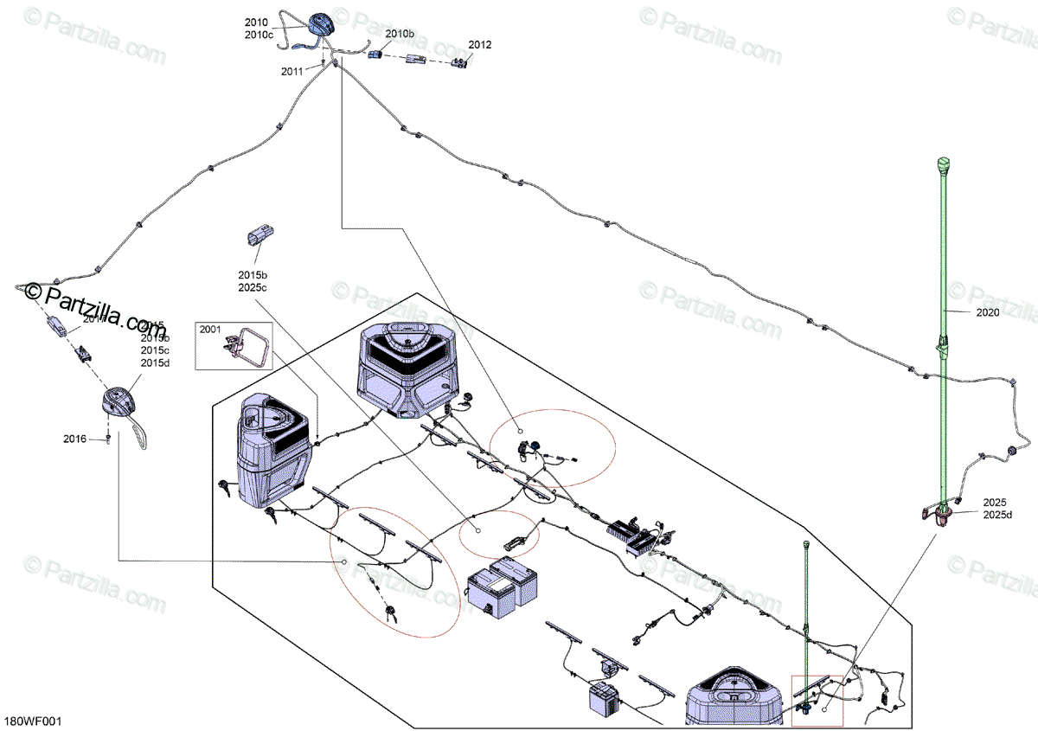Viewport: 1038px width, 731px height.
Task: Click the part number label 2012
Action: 479,44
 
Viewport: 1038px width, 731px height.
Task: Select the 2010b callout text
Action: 400,34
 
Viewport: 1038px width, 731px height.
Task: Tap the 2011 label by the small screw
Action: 292,72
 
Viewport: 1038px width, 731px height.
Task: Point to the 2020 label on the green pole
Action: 986,312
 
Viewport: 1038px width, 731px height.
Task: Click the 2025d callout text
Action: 997,516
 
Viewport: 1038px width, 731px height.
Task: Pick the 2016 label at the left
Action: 74,439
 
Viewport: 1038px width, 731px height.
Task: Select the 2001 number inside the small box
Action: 210,330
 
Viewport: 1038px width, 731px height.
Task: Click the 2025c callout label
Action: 253,287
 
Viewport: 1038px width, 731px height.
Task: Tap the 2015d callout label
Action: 155,362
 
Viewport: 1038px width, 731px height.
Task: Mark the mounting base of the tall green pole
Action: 939,516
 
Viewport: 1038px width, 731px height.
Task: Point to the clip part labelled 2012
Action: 461,61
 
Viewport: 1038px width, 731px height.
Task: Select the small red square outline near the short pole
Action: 817,700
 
